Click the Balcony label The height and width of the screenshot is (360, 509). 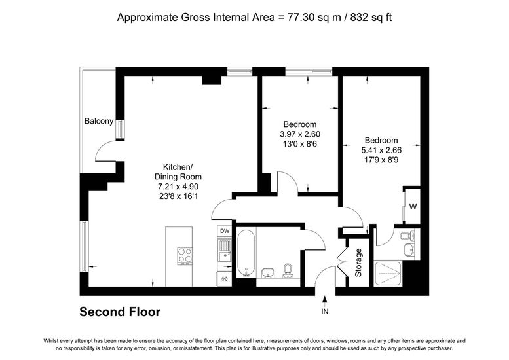click(x=99, y=121)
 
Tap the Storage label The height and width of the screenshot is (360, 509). click(x=358, y=262)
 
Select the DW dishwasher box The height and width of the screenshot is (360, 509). click(x=225, y=231)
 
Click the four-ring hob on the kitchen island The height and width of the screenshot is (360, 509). click(x=185, y=256)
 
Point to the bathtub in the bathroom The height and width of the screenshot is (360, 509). click(x=246, y=253)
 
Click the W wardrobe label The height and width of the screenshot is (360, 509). click(x=413, y=206)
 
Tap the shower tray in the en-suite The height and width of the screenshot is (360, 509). click(x=388, y=274)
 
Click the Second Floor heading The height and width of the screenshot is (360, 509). click(x=120, y=312)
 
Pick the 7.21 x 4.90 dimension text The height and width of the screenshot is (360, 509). click(x=178, y=187)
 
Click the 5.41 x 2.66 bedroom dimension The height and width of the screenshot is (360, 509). click(x=381, y=150)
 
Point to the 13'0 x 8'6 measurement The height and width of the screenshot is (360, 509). click(x=300, y=144)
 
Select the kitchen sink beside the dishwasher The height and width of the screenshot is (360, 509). click(x=224, y=251)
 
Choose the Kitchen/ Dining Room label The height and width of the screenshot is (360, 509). click(x=178, y=172)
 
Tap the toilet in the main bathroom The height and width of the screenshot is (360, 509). click(x=288, y=270)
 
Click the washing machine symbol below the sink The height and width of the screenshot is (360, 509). click(x=223, y=279)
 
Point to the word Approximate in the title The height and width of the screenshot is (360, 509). click(x=147, y=18)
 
